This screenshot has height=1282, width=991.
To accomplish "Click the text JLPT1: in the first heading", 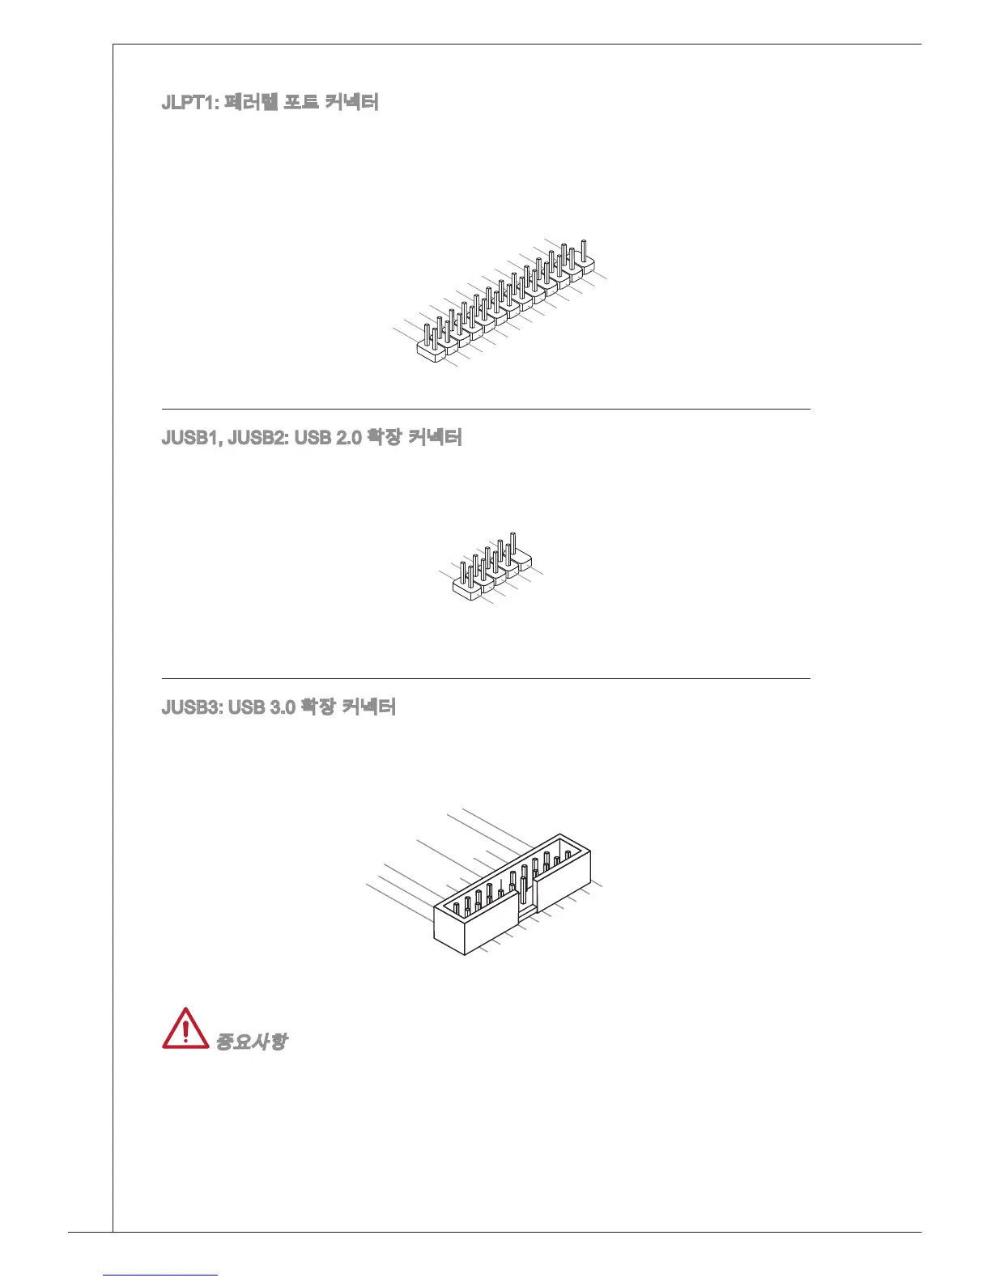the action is tap(189, 103).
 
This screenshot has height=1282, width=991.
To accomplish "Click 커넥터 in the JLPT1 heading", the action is tap(351, 103).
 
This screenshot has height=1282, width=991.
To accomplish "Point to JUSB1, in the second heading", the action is tap(193, 438).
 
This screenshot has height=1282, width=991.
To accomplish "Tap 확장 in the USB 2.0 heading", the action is tap(384, 438).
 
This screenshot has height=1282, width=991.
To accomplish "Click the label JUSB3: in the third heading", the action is tap(193, 707).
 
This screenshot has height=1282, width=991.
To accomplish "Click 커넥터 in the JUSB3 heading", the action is tap(368, 707).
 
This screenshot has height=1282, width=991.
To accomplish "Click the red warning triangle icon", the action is tap(185, 1030).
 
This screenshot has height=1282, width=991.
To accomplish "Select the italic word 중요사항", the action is tap(251, 1041).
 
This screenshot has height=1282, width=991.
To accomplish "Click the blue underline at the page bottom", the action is tap(161, 1275).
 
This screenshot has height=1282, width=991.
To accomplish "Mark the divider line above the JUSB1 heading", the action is tap(486, 410).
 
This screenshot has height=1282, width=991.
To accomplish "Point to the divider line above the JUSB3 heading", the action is tap(486, 679).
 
